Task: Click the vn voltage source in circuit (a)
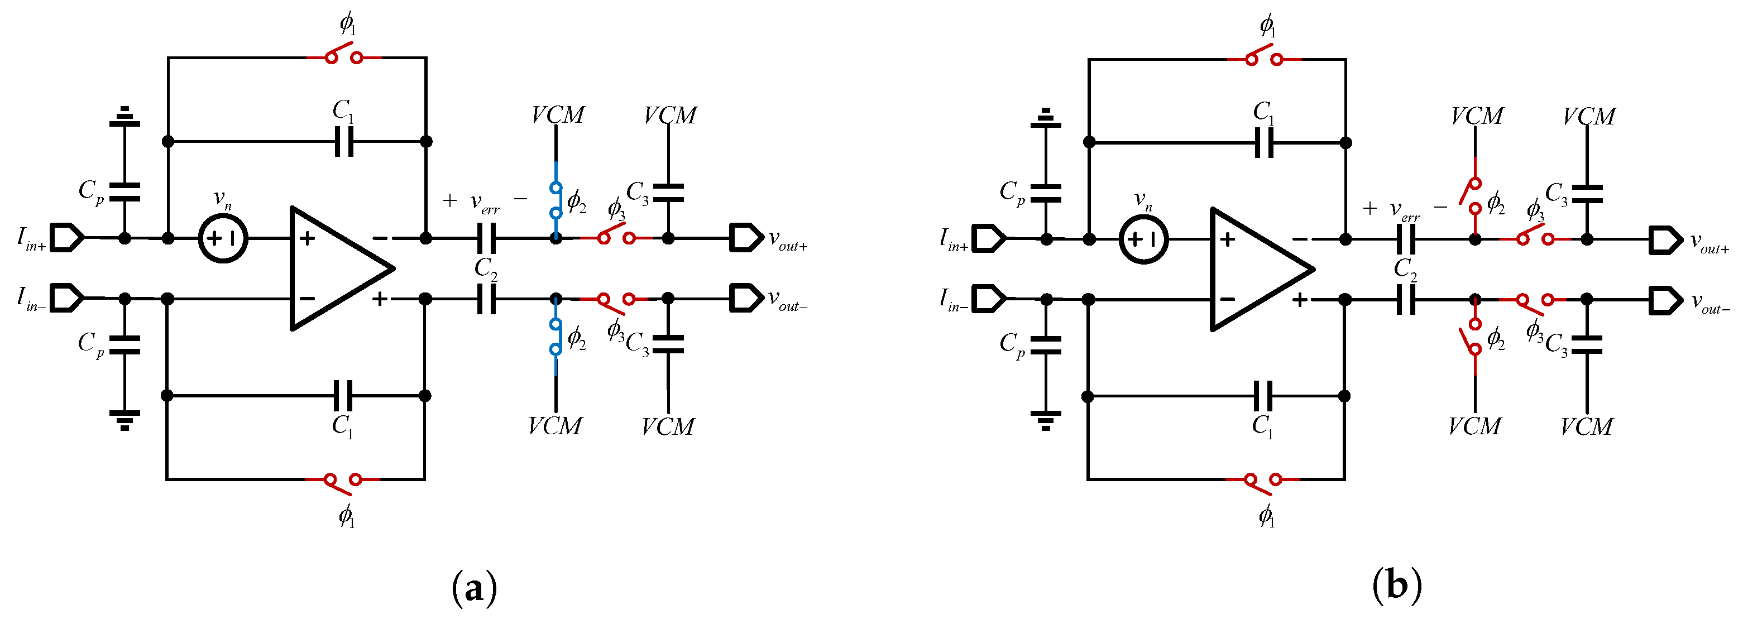coord(223,238)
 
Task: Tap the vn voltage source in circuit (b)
coord(1143,239)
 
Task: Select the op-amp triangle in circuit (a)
coord(335,268)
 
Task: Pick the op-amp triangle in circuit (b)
coord(1255,269)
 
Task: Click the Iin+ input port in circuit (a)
coord(68,237)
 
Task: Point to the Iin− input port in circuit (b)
coord(989,299)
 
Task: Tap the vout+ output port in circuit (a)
coord(746,238)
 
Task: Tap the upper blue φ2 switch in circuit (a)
coord(556,200)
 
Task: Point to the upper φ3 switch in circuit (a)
coord(616,236)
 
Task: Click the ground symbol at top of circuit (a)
coord(124,118)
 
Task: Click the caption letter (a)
coord(473,588)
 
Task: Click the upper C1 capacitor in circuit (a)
coord(344,141)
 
